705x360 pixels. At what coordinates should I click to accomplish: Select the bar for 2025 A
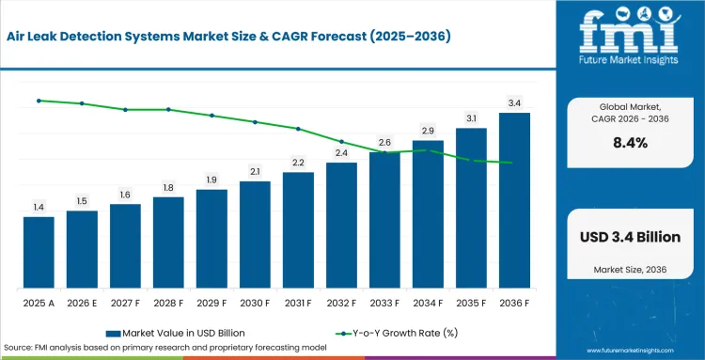click(x=39, y=253)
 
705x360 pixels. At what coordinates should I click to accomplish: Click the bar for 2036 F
click(x=514, y=200)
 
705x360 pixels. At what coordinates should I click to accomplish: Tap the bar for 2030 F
click(x=255, y=235)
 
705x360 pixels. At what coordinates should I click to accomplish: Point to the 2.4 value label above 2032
click(x=342, y=153)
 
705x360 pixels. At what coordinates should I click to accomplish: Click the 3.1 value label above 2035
click(x=471, y=118)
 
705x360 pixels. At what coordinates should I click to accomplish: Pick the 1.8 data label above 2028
click(x=168, y=187)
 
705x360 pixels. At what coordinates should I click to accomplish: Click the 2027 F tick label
click(x=125, y=304)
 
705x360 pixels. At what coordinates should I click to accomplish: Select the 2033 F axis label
click(x=384, y=304)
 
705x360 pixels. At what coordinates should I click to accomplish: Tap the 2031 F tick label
click(x=298, y=304)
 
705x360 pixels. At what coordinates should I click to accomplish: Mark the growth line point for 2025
click(x=39, y=101)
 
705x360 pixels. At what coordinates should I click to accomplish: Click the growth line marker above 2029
click(x=211, y=116)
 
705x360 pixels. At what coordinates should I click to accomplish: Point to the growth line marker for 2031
click(x=298, y=129)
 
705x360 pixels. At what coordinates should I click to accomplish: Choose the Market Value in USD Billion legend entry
click(x=176, y=333)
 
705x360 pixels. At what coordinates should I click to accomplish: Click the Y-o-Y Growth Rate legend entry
click(x=397, y=333)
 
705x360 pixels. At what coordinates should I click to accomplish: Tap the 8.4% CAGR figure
click(x=631, y=143)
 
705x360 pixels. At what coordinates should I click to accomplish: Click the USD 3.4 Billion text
click(x=631, y=237)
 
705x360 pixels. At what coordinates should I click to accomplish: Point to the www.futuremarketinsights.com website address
click(x=630, y=351)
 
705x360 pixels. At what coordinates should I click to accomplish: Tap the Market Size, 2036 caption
click(x=630, y=270)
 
